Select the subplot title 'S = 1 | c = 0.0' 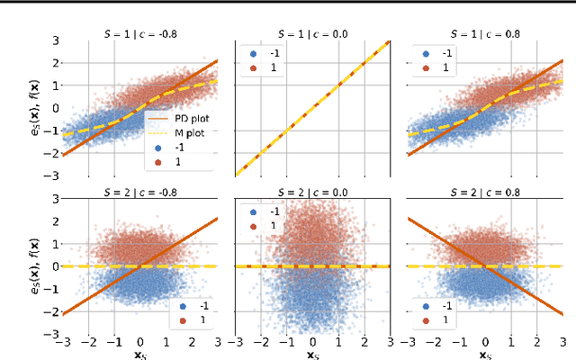pyautogui.click(x=312, y=31)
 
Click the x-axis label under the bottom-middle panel pyautogui.click(x=312, y=354)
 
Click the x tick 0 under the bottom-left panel pyautogui.click(x=139, y=342)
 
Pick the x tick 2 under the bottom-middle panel pyautogui.click(x=364, y=342)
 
